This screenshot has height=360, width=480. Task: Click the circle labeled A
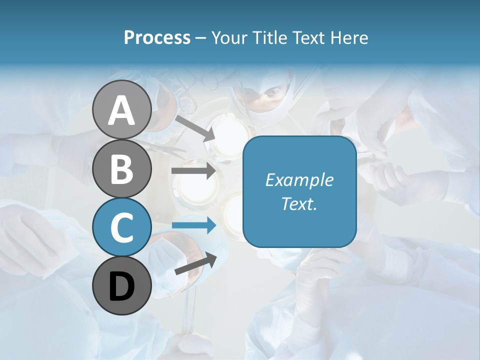click(121, 109)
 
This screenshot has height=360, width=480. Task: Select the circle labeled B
click(121, 168)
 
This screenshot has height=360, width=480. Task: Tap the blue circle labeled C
click(121, 227)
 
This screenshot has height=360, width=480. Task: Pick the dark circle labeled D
click(121, 286)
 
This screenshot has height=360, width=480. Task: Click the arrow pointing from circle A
click(194, 127)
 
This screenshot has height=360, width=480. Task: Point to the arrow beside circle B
click(193, 170)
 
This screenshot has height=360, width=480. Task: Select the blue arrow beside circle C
click(193, 225)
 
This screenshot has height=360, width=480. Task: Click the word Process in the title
click(157, 37)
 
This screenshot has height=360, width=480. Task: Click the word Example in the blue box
click(299, 180)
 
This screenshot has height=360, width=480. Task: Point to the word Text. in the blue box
click(299, 203)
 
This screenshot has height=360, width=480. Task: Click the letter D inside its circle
click(121, 287)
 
